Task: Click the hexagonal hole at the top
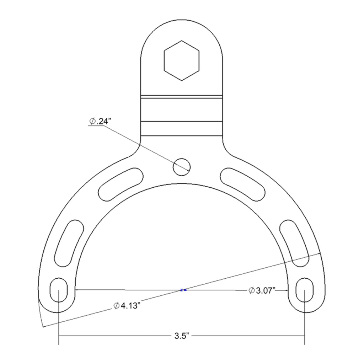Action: click(182, 60)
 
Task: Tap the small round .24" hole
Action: click(182, 166)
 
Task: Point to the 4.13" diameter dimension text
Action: click(128, 305)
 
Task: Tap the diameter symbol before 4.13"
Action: click(116, 306)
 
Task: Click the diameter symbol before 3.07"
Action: click(251, 291)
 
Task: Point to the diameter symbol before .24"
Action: click(92, 122)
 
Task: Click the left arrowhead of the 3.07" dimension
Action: click(77, 290)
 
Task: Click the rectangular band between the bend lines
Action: click(182, 109)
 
